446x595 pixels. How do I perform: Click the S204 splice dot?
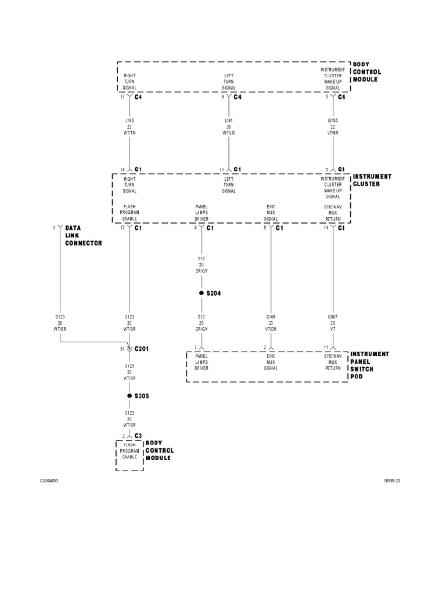pos(201,293)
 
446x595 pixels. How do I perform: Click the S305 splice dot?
pos(130,396)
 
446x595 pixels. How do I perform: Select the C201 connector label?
pos(142,349)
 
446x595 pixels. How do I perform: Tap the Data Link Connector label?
pos(82,235)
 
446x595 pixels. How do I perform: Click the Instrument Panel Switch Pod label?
pos(369,365)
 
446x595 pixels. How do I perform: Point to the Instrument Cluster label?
pos(372,180)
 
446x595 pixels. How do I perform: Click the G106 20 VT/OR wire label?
pos(271,322)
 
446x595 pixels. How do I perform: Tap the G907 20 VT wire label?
pos(333,322)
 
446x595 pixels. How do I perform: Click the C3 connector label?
pos(138,435)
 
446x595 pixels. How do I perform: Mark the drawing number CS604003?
pos(49,481)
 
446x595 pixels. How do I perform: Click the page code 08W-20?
pos(392,481)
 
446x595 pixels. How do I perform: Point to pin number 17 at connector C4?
pos(123,97)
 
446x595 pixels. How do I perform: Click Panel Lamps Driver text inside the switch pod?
pos(202,363)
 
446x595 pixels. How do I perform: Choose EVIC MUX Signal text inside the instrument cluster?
pos(271,212)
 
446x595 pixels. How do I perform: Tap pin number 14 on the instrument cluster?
pos(326,228)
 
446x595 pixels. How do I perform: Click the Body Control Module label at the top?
pos(367,72)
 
